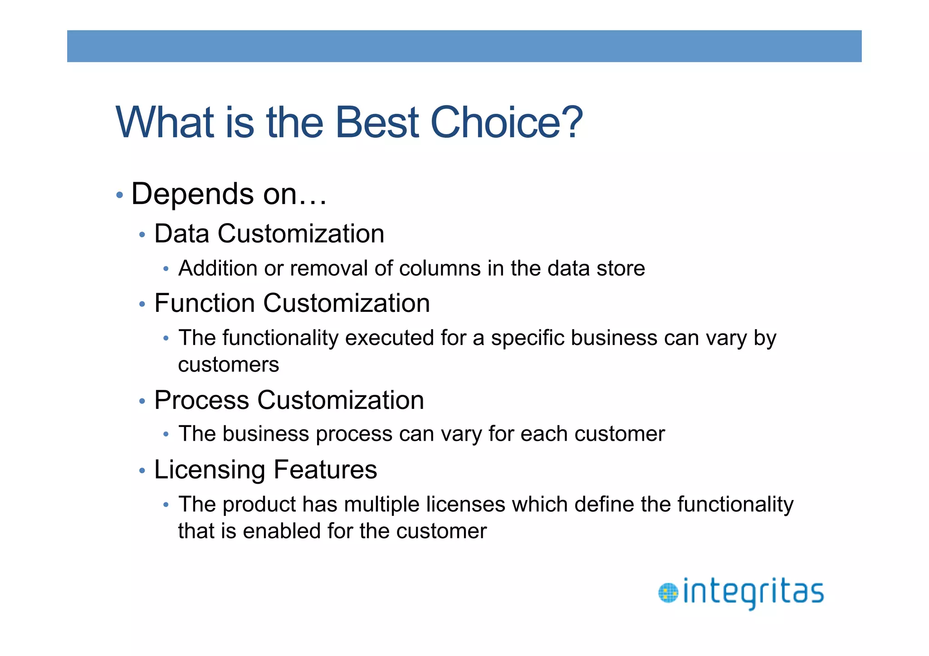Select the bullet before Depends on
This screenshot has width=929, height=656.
pyautogui.click(x=119, y=195)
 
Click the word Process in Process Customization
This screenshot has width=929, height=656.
pyautogui.click(x=201, y=400)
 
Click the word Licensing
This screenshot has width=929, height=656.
pyautogui.click(x=209, y=470)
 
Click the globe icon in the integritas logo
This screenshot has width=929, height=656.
pyautogui.click(x=668, y=593)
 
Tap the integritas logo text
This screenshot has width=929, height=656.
pyautogui.click(x=753, y=593)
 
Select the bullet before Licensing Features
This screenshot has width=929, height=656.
pyautogui.click(x=142, y=471)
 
